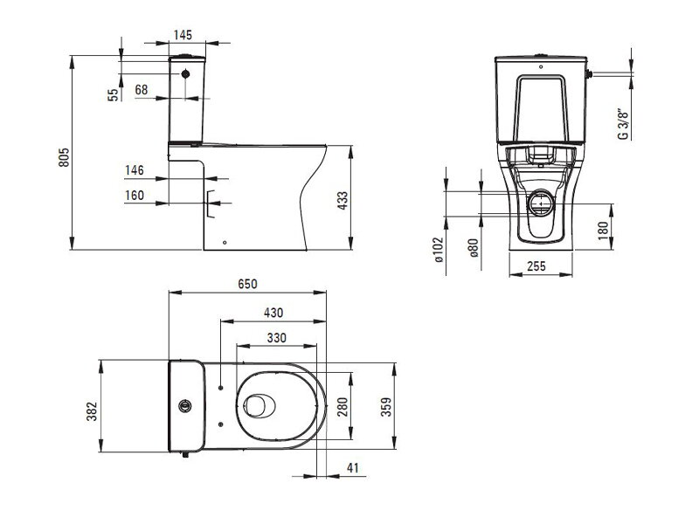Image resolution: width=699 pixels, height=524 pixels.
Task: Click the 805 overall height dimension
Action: point(64,157)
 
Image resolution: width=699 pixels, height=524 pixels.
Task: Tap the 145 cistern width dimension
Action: point(183,35)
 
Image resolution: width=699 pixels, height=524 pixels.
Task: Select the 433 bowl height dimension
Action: point(343,201)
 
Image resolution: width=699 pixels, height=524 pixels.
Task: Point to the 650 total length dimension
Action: point(247,284)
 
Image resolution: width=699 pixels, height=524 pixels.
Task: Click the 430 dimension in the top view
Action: point(273,313)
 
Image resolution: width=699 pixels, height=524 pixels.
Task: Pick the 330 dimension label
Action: point(276,338)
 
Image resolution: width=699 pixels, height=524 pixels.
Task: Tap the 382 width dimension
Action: point(92,411)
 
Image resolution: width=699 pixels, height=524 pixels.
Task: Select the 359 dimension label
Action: point(386,407)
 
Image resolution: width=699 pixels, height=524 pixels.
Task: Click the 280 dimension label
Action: point(343,407)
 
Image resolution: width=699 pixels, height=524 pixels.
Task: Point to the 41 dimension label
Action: point(353,468)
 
